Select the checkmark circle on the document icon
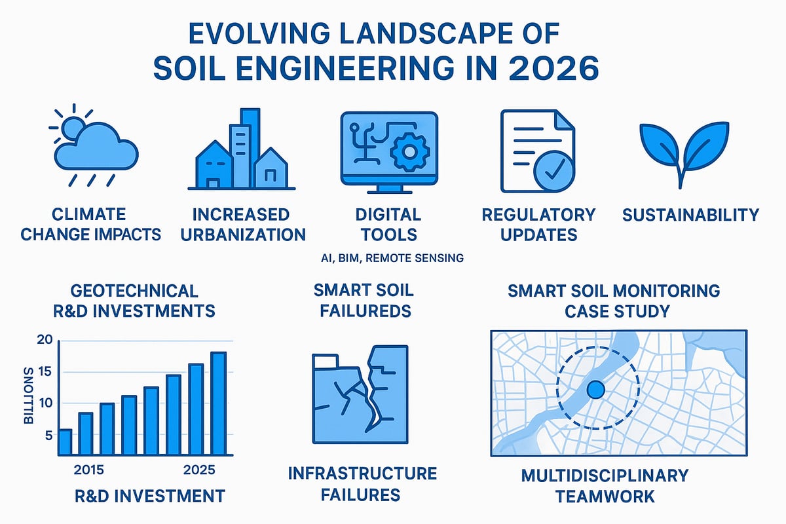click(x=553, y=174)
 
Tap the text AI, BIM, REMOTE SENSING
click(x=393, y=258)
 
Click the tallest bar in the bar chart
click(x=218, y=403)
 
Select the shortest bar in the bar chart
click(x=65, y=441)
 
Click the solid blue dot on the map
click(x=595, y=390)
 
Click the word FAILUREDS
click(x=365, y=310)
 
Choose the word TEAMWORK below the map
click(x=605, y=496)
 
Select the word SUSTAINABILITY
click(x=690, y=215)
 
